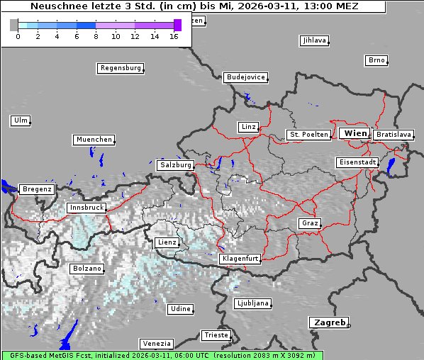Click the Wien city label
pos(355,133)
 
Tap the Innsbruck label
pos(86,208)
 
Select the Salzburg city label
pos(175,164)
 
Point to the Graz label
pos(309,223)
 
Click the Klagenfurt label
pos(240,259)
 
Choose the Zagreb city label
pos(328,322)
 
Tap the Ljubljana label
pos(252,303)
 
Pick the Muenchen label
pos(94,140)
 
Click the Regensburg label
pos(120,68)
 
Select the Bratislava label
pos(394,134)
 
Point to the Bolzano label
pos(87,269)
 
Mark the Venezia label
pos(155,343)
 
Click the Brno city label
pos(376,60)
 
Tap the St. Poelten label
pos(308,134)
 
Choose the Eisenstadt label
pos(356,162)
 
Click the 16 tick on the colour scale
pos(174,36)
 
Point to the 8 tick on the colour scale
pos(96,36)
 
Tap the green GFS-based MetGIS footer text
pos(162,355)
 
